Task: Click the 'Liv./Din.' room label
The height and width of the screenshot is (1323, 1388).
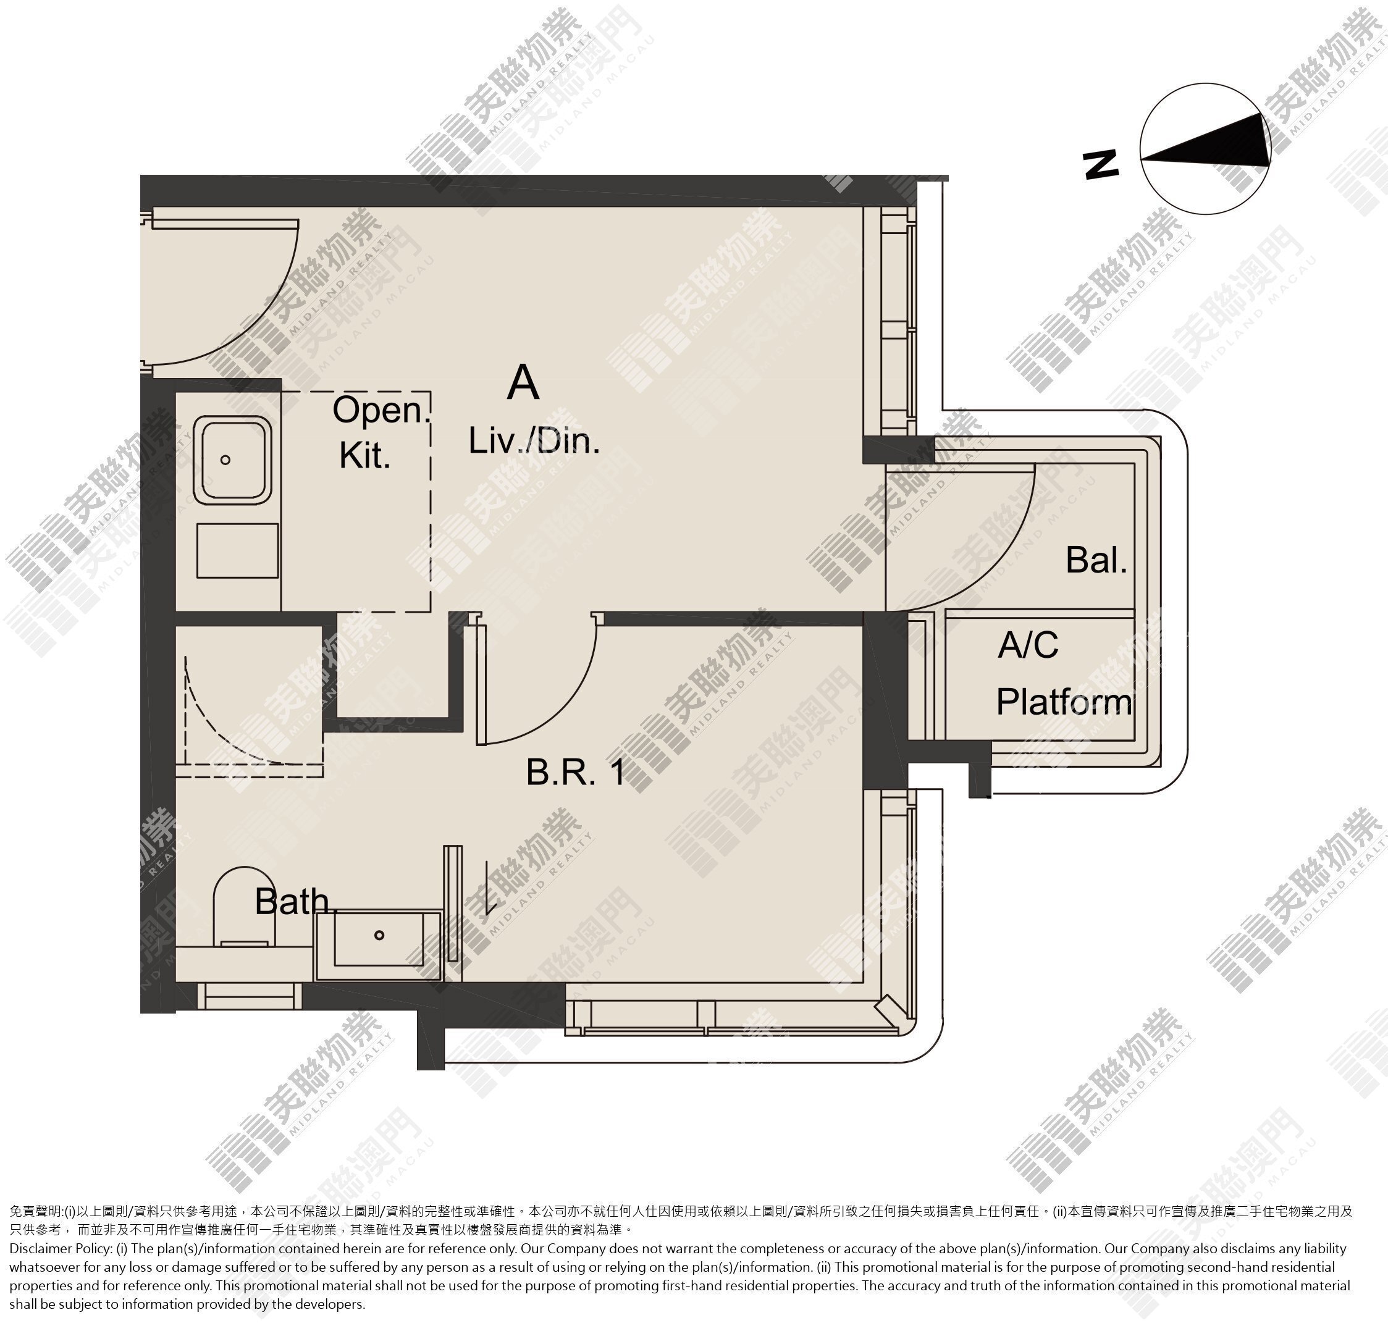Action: pos(534,442)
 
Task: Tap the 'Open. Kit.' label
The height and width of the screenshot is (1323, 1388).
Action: pos(381,432)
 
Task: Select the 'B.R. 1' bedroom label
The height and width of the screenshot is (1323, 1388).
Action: pos(576,772)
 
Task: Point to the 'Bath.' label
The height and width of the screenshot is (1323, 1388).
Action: pos(293,901)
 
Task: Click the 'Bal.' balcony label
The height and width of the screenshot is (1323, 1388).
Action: pos(1096,560)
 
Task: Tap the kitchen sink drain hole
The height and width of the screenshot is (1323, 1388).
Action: pos(225,460)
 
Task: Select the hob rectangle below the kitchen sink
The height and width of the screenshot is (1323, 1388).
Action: pos(238,550)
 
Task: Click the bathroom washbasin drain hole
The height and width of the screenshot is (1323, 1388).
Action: pos(379,935)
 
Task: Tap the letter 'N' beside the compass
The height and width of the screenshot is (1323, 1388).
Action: pos(1100,164)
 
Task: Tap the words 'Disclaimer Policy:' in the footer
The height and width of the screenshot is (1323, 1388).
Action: pos(60,1249)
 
